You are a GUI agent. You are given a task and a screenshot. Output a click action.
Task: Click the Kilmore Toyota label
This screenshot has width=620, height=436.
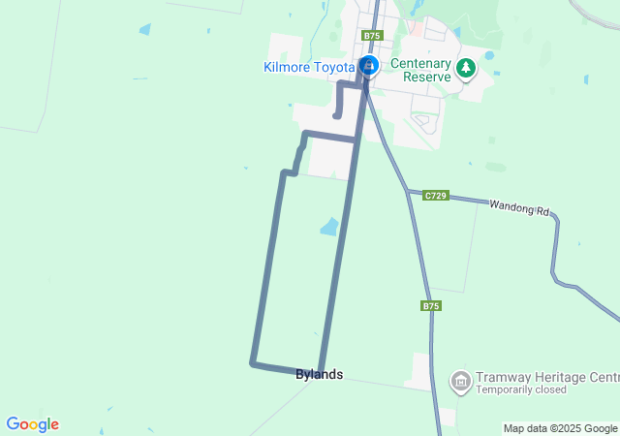coord(309,67)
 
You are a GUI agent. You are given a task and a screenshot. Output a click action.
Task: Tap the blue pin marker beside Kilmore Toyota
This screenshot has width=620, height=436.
coord(368,66)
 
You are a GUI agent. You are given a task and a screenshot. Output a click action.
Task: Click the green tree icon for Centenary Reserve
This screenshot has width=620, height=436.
coord(467,67)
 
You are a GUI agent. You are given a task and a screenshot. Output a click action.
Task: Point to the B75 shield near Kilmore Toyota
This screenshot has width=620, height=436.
coord(372,36)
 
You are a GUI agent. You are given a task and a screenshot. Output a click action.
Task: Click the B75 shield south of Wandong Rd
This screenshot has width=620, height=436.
coord(431,305)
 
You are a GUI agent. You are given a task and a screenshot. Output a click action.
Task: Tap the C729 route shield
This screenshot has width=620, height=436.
coord(435,195)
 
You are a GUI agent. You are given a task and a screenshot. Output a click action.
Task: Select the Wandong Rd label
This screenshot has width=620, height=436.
coord(518,206)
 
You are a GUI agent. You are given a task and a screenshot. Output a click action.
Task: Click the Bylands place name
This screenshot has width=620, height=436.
coord(319,375)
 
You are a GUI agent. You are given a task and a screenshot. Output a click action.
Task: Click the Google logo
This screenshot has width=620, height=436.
coord(32,424)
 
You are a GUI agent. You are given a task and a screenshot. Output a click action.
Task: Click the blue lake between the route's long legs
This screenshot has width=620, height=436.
coord(330,227)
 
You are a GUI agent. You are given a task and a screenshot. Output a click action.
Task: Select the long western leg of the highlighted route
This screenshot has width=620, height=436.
coord(267,271)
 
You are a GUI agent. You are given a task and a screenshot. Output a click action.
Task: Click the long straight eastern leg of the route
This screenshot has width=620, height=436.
coord(339,252)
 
